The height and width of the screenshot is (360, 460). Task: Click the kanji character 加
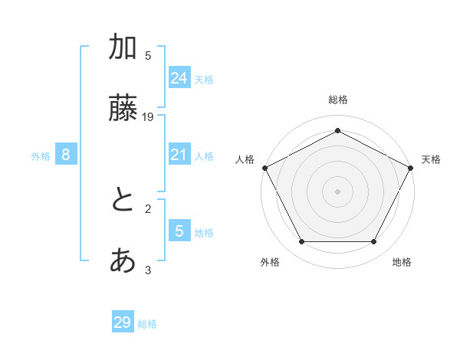[123, 48]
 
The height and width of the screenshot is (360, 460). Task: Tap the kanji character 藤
[123, 110]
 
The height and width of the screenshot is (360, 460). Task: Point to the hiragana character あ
[123, 262]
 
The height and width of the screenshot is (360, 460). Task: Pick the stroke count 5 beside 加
[148, 56]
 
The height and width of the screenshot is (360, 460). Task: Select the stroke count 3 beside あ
[148, 270]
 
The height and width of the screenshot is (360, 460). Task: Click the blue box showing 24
[179, 78]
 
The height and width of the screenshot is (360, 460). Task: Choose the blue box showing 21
[179, 155]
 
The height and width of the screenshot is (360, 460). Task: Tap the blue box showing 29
[123, 322]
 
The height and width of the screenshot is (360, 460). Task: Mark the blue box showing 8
[66, 155]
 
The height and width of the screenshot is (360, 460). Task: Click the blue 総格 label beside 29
[147, 324]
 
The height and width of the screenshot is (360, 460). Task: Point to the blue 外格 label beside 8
[41, 156]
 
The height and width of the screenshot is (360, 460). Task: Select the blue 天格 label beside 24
[204, 80]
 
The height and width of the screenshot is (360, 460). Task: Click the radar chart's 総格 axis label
[337, 100]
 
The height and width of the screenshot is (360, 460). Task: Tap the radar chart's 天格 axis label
[431, 159]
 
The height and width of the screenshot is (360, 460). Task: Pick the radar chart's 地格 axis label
[402, 263]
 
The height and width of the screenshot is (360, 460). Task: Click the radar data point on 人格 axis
[264, 168]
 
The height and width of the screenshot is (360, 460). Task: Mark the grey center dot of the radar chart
[337, 191]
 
